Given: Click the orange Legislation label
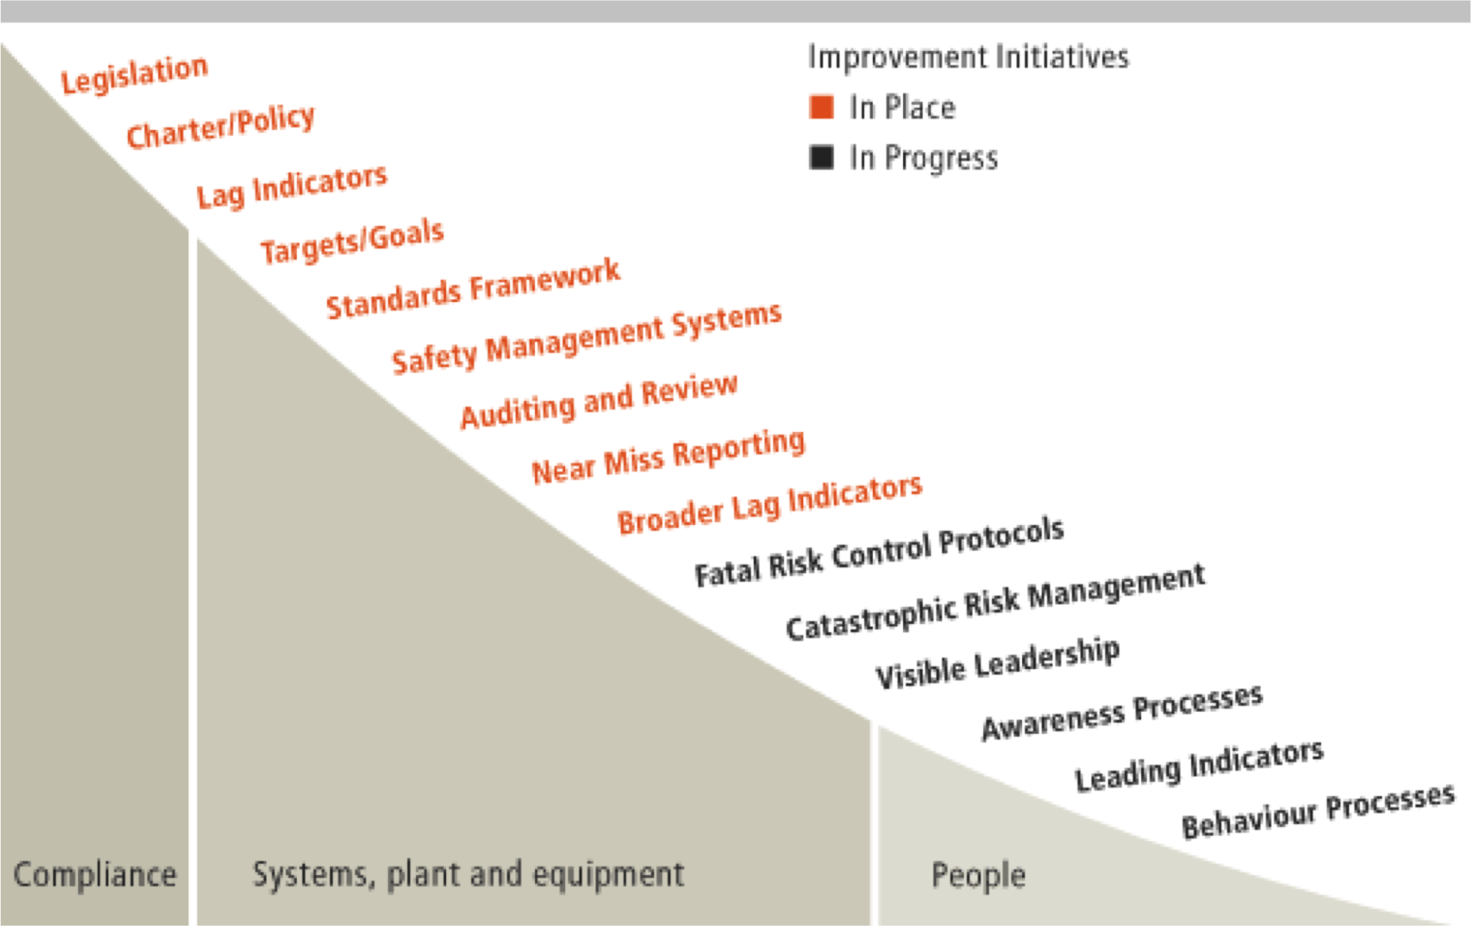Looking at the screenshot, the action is coord(135,74).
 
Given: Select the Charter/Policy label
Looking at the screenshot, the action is coord(221,126).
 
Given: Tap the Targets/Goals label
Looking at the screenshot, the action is coord(352,241).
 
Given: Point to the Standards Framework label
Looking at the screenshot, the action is coord(473,288).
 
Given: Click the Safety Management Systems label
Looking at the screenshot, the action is coord(587,338).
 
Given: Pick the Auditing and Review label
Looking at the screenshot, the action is coord(599,402).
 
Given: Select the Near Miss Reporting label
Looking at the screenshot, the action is coord(668,456).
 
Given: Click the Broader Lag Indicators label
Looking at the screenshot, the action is coord(770,505).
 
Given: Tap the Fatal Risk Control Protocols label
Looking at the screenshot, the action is coord(879,552).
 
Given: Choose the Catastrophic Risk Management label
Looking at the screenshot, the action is coord(995,602).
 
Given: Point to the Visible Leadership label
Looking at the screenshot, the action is coord(998,663).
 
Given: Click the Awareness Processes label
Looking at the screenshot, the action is coord(1122,712).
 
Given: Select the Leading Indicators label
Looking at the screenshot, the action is coord(1199,766).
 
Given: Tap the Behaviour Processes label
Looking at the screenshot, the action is coord(1319,811).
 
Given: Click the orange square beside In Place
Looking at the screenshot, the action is coord(821,107).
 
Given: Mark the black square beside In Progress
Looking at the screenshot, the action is coord(821,157).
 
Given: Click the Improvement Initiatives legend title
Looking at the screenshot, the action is coord(968,57).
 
